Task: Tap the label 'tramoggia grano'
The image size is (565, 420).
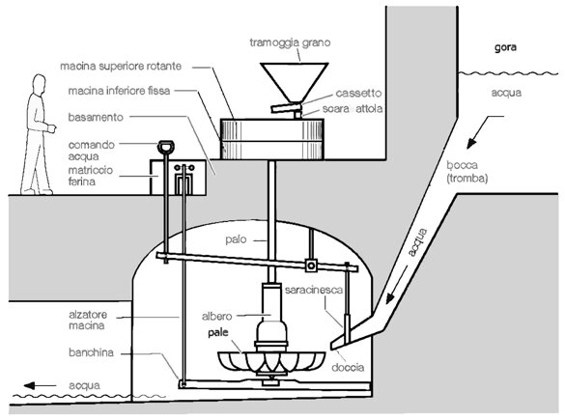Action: coord(290,42)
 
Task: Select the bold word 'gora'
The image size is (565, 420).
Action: coord(505,47)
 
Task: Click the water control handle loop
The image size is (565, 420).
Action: coord(166,146)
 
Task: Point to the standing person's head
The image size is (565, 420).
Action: coord(39,84)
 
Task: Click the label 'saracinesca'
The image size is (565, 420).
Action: coord(314,290)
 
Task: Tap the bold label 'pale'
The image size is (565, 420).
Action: coord(218,332)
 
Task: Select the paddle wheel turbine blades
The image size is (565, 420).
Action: coord(271,362)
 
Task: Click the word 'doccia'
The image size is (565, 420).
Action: coord(348,368)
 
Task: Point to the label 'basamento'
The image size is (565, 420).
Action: coord(96,118)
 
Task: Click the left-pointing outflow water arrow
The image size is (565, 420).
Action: coord(40,385)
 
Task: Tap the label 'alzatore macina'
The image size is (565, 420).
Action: coord(88,320)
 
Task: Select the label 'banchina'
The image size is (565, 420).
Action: coord(91,352)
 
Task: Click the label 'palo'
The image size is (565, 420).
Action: coord(236,239)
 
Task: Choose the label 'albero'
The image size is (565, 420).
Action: coord(217,317)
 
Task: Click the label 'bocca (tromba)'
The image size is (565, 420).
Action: coord(467,172)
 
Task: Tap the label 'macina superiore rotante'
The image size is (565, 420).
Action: coord(121,67)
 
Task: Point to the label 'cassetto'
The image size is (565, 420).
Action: coord(358,93)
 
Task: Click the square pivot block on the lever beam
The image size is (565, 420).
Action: coord(311,266)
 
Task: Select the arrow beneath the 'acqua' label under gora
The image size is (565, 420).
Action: coord(485,132)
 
